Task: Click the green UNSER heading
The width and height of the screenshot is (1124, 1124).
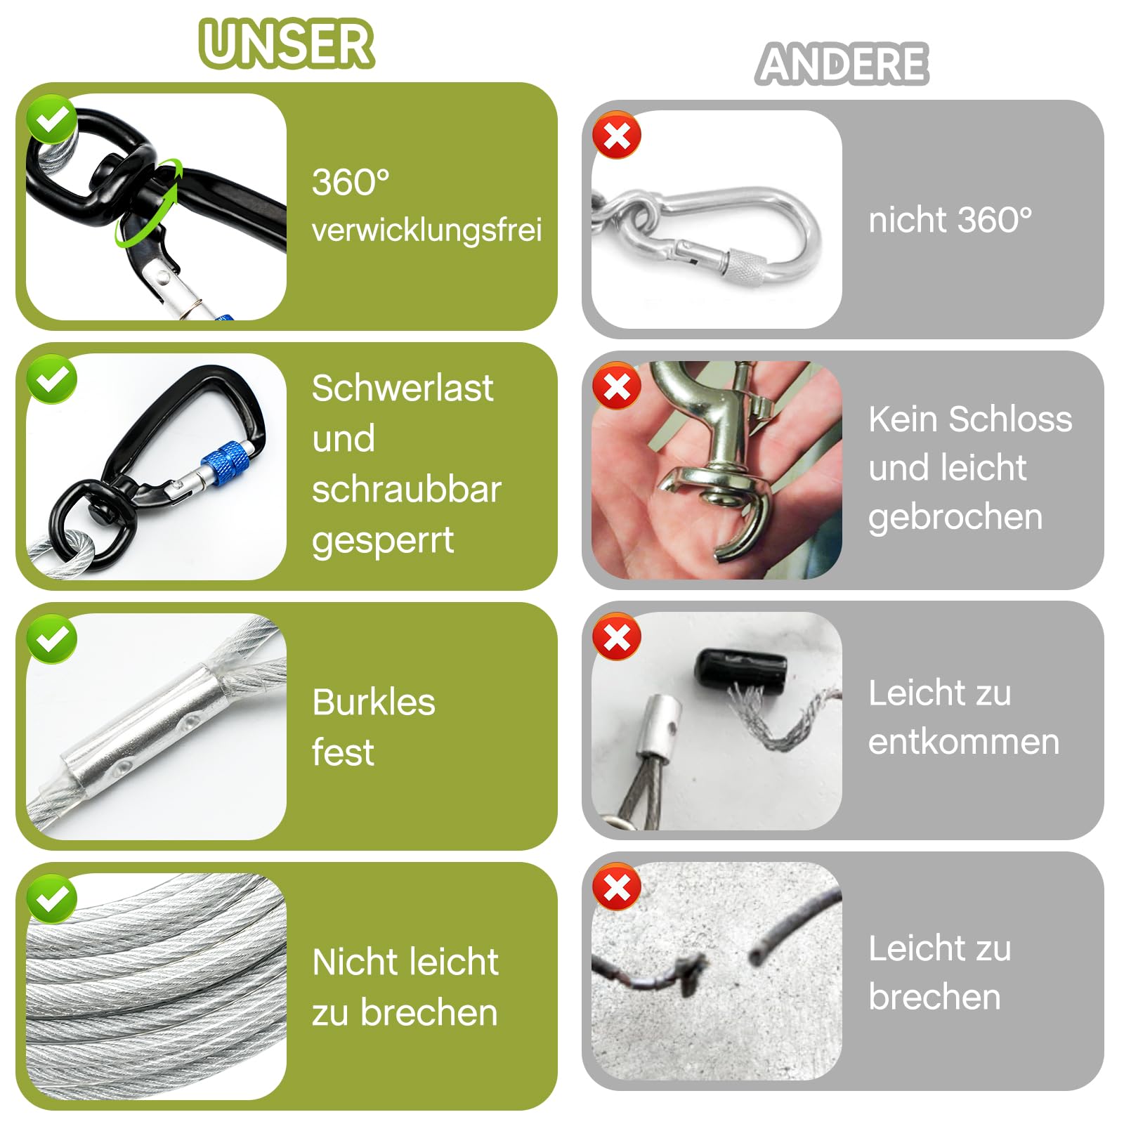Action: click(287, 44)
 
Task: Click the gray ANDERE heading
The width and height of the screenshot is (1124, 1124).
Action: click(842, 64)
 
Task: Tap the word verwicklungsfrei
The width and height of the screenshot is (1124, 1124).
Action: click(426, 230)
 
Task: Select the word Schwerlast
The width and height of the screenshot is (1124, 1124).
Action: click(403, 388)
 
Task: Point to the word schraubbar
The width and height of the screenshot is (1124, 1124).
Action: click(407, 490)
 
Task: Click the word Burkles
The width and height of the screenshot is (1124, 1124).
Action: click(374, 702)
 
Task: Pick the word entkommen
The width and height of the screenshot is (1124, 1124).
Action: click(963, 742)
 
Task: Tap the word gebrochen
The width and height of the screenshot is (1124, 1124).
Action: click(955, 517)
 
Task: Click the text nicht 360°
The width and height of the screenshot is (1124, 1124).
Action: click(950, 220)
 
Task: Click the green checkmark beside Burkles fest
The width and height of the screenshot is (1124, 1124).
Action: click(51, 639)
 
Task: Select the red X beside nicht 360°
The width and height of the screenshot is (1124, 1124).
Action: click(617, 136)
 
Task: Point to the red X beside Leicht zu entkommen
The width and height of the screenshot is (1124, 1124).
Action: click(617, 637)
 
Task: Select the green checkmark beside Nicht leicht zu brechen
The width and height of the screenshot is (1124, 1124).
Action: click(51, 898)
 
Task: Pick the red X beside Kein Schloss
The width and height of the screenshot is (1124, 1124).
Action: click(617, 386)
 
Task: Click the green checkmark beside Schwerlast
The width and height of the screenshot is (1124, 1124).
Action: click(51, 379)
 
